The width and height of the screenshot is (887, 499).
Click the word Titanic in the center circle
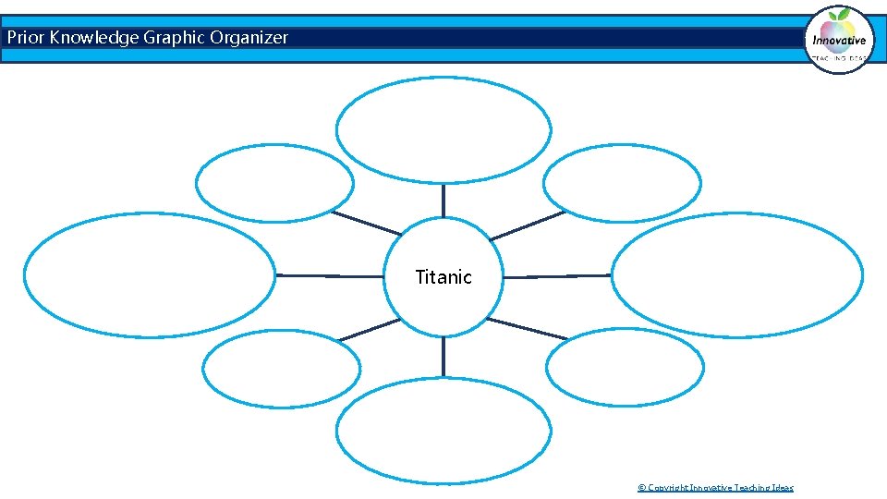pos(443,277)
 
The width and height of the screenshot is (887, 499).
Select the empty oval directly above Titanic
pos(443,129)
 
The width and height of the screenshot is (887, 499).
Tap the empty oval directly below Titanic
pos(443,431)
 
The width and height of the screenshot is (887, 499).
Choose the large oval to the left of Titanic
pos(150,275)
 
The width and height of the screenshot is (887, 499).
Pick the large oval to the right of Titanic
pos(737,275)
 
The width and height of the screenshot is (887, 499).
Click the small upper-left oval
pos(274,183)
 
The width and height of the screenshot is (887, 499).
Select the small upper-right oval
pos(622,183)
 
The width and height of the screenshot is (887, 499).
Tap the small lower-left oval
pos(281,369)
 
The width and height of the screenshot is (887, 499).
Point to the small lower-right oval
pos(625,367)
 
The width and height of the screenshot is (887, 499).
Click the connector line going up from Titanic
pos(443,200)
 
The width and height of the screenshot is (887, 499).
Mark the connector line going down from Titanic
pos(443,356)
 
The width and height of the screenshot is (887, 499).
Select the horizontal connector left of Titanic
pos(329,275)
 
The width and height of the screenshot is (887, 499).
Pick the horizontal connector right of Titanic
pos(557,275)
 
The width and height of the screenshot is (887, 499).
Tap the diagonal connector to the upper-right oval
pos(527,225)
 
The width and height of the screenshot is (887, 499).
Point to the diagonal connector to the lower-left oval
pos(369,330)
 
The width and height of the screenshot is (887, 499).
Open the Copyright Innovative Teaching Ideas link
pos(715,487)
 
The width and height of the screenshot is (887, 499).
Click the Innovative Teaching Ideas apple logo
pos(839,39)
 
